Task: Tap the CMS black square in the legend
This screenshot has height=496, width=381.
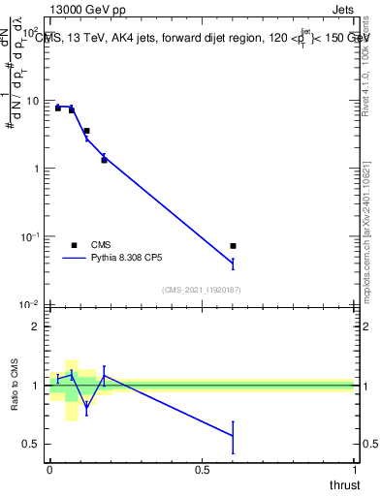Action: (x=75, y=245)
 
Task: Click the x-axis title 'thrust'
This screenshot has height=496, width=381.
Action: (x=344, y=482)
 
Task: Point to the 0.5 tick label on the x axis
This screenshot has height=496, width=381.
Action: (x=202, y=470)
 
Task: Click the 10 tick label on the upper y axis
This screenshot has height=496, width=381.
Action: (x=32, y=101)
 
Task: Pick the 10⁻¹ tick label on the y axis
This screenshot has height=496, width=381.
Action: (x=29, y=236)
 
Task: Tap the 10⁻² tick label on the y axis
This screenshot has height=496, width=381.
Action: (x=29, y=304)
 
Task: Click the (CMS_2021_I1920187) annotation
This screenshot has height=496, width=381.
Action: (x=201, y=290)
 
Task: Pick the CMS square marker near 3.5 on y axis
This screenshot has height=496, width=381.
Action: (x=87, y=131)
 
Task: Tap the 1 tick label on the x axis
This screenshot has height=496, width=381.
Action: (x=354, y=470)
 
